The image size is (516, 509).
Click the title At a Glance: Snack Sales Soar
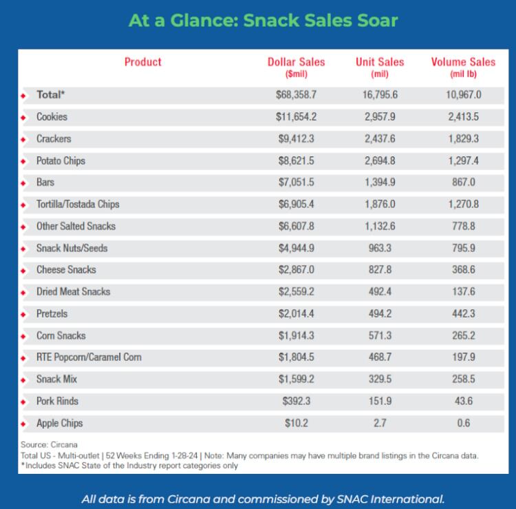258,20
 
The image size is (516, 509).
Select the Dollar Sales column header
296,66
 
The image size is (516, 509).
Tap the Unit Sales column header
380,66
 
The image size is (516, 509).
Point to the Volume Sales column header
463,66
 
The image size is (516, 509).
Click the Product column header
143,62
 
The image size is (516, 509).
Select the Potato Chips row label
61,160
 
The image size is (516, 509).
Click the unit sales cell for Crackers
380,139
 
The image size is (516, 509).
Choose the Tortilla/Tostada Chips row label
78,205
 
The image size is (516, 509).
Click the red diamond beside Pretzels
24,315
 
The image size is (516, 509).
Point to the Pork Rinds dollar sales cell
296,401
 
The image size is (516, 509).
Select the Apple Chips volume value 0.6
463,423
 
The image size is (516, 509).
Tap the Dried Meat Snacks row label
73,291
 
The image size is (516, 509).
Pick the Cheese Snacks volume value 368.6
463,270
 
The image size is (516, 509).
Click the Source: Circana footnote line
48,444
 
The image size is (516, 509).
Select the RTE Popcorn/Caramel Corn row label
89,357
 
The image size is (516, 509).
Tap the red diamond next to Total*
24,96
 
